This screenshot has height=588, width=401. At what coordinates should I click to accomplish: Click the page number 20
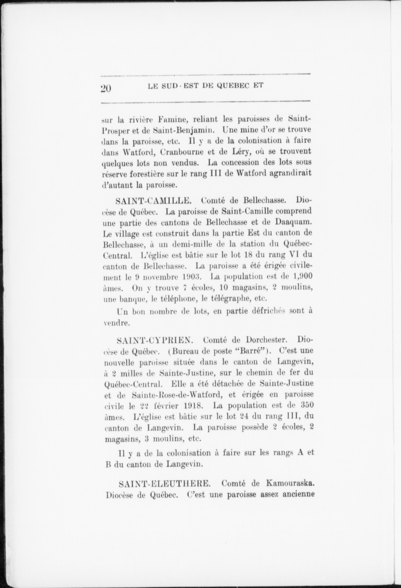[x=106, y=88]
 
